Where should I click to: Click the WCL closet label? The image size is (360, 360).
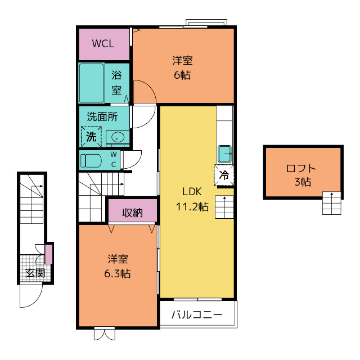[x=103, y=44]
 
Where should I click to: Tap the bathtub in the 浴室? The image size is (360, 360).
[x=91, y=83]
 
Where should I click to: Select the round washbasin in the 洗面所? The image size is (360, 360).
[x=118, y=137]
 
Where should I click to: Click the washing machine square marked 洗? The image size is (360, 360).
[x=91, y=137]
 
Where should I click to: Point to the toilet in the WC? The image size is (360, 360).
[x=91, y=160]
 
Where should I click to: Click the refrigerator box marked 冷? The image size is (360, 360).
[x=224, y=175]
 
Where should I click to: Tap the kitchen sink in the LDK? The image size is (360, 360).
[x=224, y=154]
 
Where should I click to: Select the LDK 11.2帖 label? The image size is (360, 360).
[x=192, y=199]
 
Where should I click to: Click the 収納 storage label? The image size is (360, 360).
[x=133, y=213]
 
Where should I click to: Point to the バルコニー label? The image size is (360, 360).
[x=197, y=314]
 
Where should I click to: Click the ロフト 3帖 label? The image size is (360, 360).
[x=301, y=175]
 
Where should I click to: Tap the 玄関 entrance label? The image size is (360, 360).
[x=35, y=273]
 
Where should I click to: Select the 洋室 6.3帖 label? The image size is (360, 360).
[x=118, y=266]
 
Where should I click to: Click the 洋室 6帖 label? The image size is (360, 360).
[x=182, y=67]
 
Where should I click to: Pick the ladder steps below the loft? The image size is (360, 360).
[x=331, y=203]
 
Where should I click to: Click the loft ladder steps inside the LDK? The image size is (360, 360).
[x=224, y=207]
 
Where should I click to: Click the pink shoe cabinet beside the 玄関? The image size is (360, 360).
[x=49, y=254]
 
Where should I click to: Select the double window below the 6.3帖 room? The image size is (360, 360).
[x=105, y=334]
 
